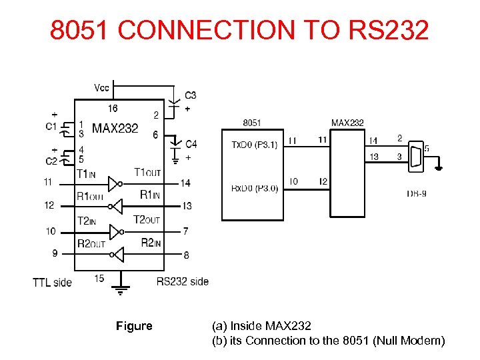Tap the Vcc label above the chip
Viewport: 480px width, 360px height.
[102, 87]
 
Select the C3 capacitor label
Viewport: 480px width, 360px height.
[191, 95]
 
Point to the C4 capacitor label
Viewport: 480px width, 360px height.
[191, 144]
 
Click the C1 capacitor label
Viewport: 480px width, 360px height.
[51, 127]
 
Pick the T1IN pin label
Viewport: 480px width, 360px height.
[87, 174]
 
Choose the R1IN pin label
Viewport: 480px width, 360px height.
[150, 195]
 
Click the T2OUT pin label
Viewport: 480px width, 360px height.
[147, 219]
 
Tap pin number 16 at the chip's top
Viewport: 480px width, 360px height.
[113, 109]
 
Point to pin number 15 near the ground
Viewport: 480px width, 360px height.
[99, 278]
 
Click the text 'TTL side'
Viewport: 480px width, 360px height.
[52, 283]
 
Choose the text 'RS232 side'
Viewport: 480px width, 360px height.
[183, 281]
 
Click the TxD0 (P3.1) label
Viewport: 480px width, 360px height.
[254, 145]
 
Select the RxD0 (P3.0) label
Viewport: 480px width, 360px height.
[254, 188]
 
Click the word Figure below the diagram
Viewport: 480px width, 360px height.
[134, 326]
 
